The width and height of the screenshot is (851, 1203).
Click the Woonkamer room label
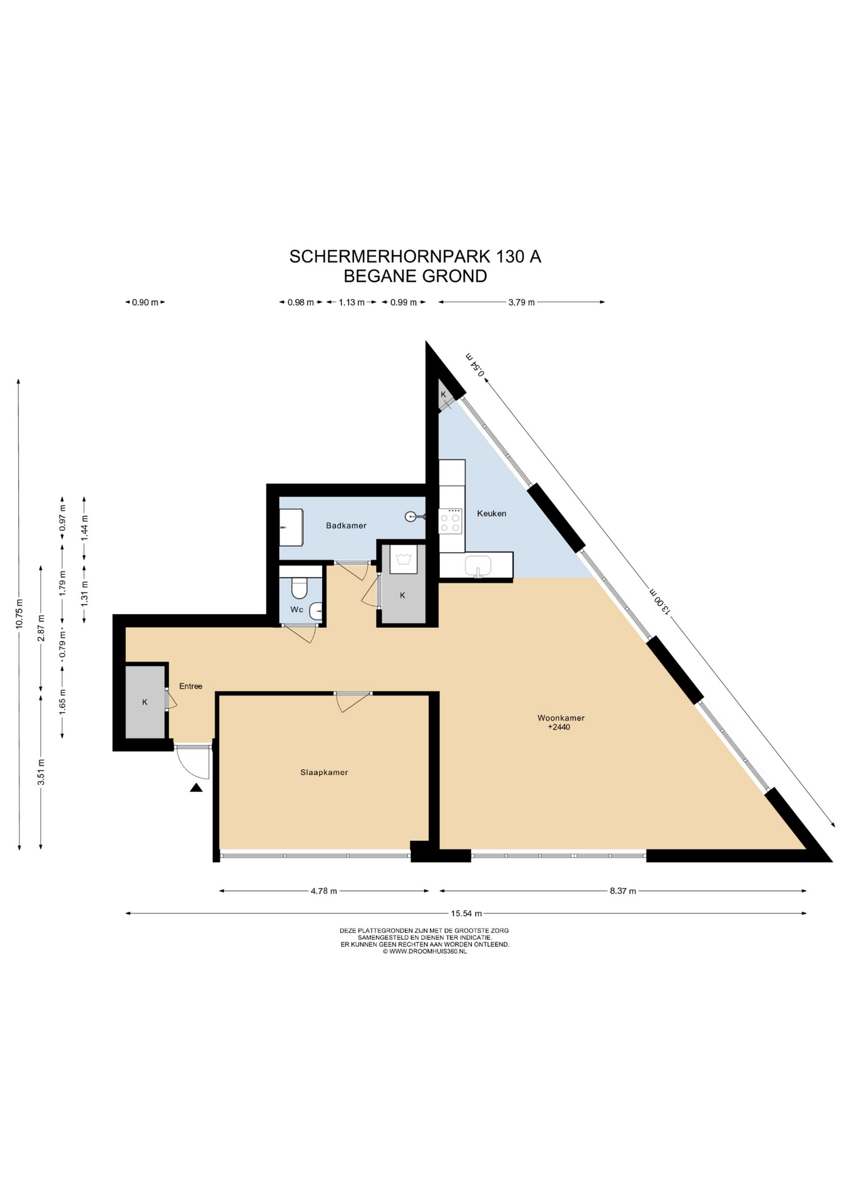point(561,718)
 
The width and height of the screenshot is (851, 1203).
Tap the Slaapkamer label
point(324,773)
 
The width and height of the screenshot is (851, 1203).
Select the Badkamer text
point(346,526)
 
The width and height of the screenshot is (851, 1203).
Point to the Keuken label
point(491,513)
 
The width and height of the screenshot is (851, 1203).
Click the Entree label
point(191,686)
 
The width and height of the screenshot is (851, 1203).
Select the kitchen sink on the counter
point(479,566)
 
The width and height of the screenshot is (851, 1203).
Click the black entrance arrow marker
point(197,788)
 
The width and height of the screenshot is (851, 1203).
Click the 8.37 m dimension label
point(623,891)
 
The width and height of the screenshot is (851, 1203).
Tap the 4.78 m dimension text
point(324,891)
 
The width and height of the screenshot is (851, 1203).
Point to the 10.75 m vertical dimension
point(19,615)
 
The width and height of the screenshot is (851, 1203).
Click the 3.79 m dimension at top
point(521,302)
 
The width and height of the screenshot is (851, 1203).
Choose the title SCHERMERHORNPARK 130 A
point(415,256)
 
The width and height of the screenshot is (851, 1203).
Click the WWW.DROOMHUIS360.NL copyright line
point(425,951)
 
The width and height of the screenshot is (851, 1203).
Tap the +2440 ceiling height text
point(559,727)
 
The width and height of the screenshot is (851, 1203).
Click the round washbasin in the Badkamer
point(412,516)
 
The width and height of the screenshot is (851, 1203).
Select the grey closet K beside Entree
point(145,702)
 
